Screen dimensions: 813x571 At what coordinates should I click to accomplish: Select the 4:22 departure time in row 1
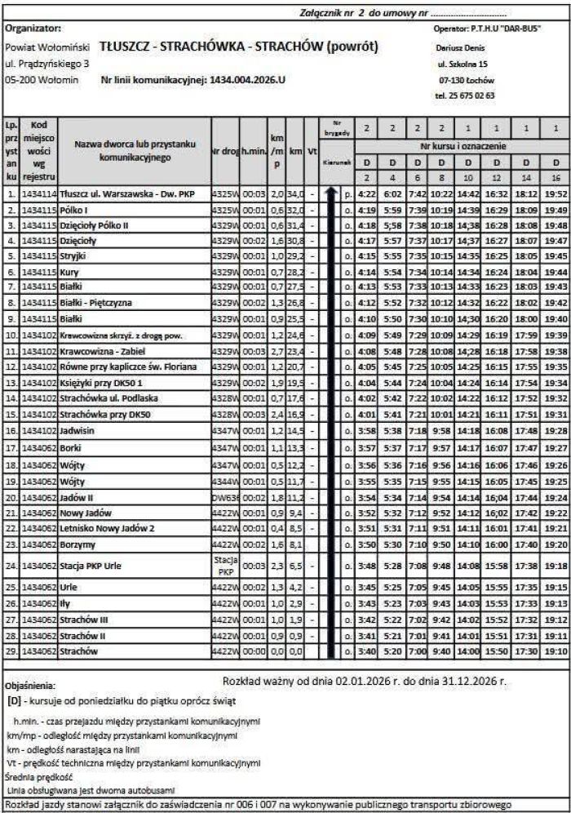tap(367, 195)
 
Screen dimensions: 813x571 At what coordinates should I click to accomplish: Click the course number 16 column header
tap(556, 177)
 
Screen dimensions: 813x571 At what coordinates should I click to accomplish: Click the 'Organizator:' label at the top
tap(33, 27)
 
